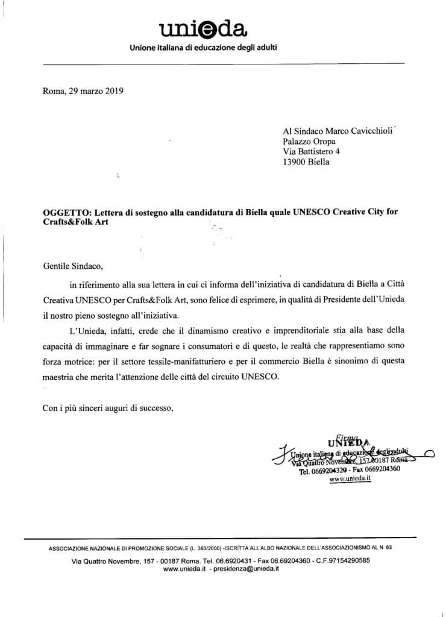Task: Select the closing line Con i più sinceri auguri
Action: (108, 409)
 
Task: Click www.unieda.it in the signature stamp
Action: (350, 480)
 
